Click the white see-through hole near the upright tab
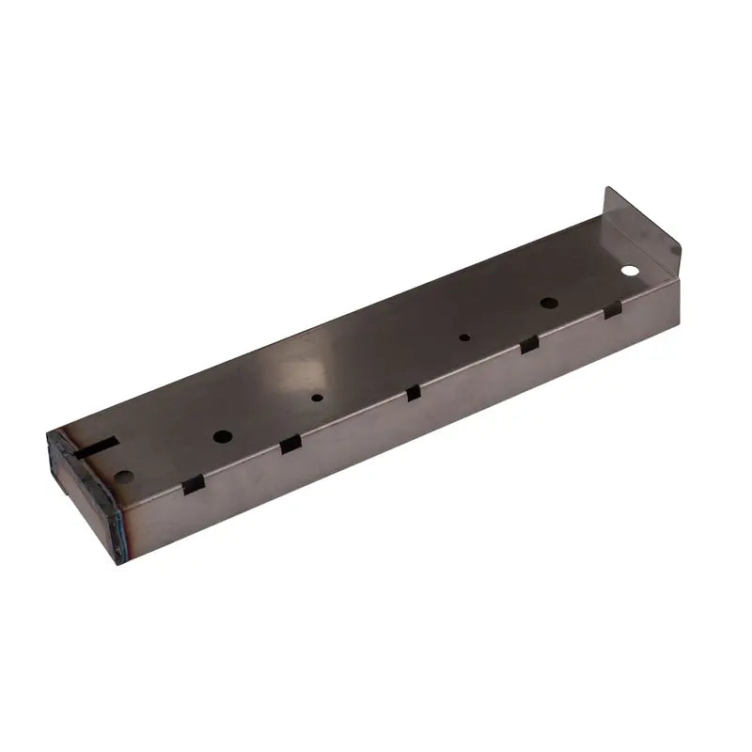coord(629,271)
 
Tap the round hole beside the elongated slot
coord(125,476)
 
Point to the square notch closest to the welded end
coord(193,485)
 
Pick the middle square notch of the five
coord(413,393)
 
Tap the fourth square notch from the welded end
coord(529,344)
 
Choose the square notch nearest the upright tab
coord(612,309)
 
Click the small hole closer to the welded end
coord(318,398)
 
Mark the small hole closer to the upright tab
coord(464,337)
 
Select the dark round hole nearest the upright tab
coord(549,303)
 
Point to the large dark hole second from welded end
coord(223,436)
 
